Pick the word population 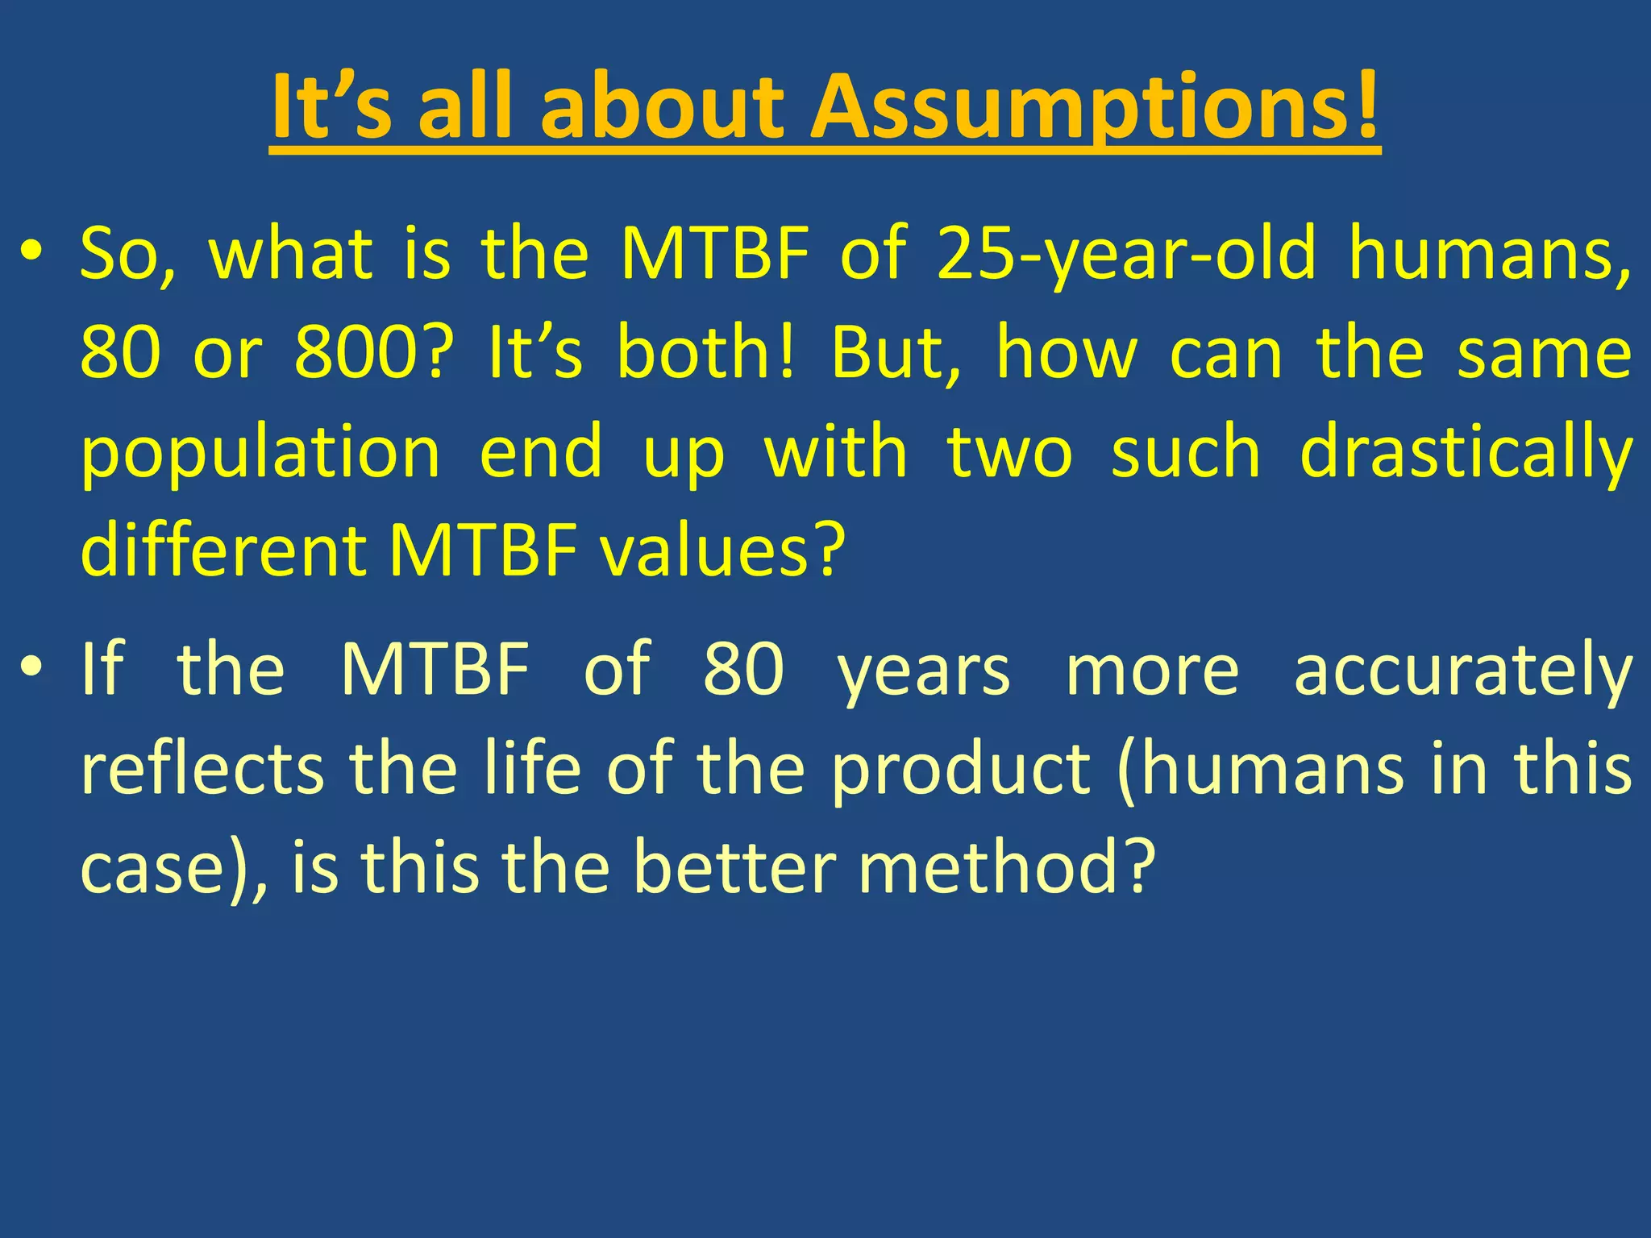pos(260,453)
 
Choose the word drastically pos(1466,453)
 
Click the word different pos(223,551)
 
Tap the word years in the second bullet pos(923,670)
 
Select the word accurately pos(1463,670)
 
